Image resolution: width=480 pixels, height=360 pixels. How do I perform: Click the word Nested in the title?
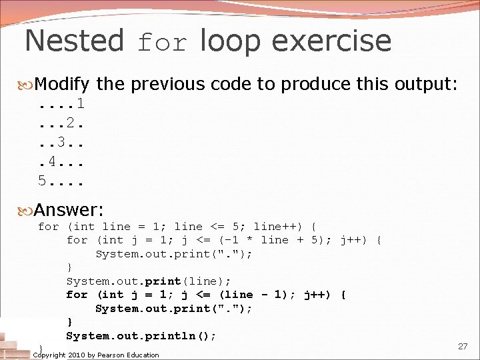click(73, 41)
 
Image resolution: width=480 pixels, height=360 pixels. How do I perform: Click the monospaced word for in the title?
click(163, 44)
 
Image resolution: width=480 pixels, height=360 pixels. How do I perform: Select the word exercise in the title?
click(332, 41)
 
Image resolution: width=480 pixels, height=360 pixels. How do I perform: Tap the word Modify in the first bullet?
click(61, 84)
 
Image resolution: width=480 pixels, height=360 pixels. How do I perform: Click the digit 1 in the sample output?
click(80, 104)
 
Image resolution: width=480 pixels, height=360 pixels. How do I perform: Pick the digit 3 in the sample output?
click(61, 142)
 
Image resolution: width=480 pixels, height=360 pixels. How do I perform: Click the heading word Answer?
click(69, 210)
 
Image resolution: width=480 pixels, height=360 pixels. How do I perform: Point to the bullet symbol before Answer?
click(27, 211)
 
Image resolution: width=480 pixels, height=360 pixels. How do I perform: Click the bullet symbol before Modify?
click(27, 85)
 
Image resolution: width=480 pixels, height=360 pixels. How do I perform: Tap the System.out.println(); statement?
click(141, 335)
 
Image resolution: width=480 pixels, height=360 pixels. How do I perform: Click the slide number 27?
click(463, 346)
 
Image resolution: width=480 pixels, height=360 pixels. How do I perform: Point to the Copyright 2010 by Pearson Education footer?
click(96, 355)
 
